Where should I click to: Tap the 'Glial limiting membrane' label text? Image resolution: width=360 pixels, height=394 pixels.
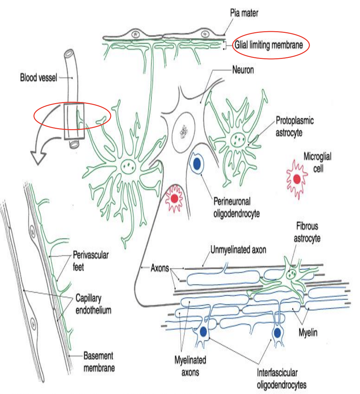click(x=269, y=45)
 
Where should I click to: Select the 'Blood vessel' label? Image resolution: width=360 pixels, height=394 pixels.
click(x=38, y=78)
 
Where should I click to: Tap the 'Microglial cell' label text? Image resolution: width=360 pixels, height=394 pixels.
click(x=317, y=163)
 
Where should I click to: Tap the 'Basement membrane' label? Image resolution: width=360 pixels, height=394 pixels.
click(x=99, y=362)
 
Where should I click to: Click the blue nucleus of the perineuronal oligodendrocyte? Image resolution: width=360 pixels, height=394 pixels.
click(x=197, y=164)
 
